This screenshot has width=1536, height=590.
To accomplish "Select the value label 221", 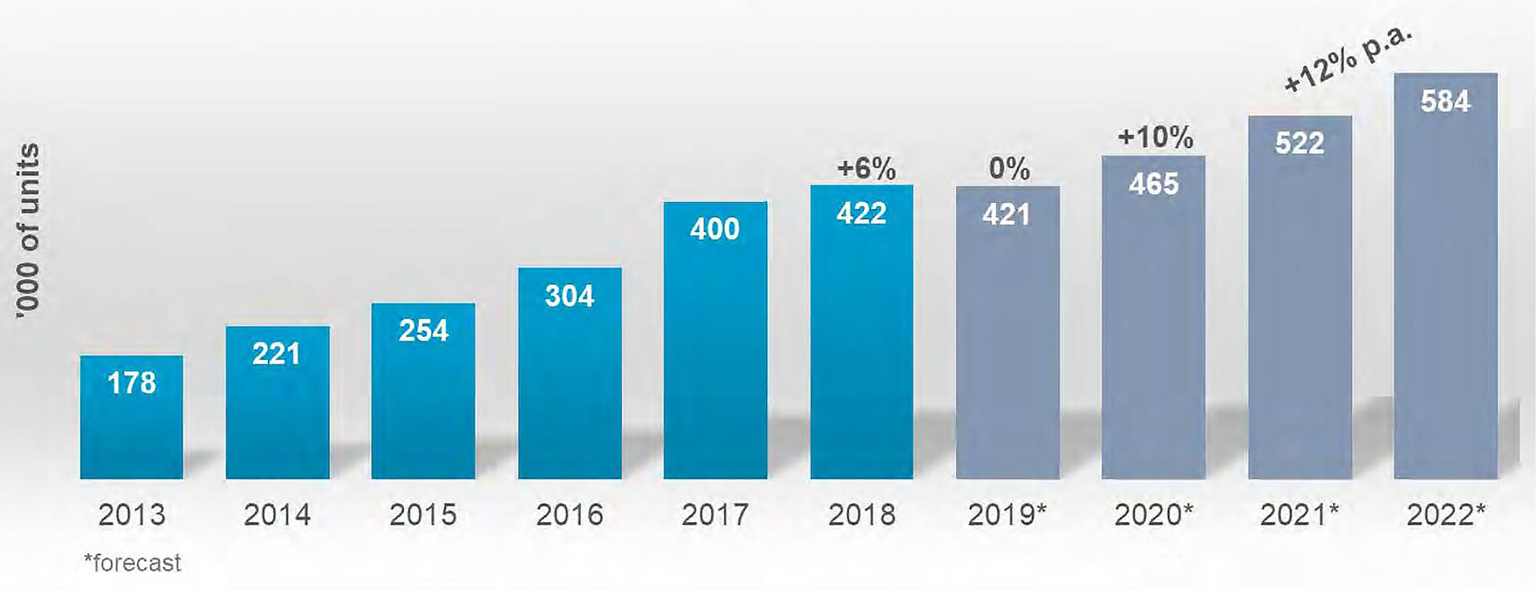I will coord(276,354).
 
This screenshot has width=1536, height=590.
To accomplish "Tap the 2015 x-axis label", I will coord(423,515).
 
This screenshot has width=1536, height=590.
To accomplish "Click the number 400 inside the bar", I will coord(714,229).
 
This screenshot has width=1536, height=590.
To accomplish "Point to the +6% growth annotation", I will coord(866,168).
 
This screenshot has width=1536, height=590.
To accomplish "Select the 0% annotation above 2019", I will coord(1009,168).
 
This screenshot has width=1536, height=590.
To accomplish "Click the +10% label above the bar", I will coord(1154,138).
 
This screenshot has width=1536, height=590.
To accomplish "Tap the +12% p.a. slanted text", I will coord(1347,60).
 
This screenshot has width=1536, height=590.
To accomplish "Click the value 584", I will coord(1445,101).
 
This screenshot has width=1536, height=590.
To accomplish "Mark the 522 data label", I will coord(1299,143).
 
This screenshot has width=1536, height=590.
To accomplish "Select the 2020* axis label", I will coord(1153,515).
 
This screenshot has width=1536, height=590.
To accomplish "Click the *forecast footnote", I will coord(132,563).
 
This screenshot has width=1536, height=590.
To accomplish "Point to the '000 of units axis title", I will coord(28,231).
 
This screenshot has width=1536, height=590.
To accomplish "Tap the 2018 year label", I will coord(861,515).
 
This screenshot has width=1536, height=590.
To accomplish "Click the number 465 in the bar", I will coord(1153,184).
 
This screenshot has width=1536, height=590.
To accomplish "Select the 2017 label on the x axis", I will coord(714,515).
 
